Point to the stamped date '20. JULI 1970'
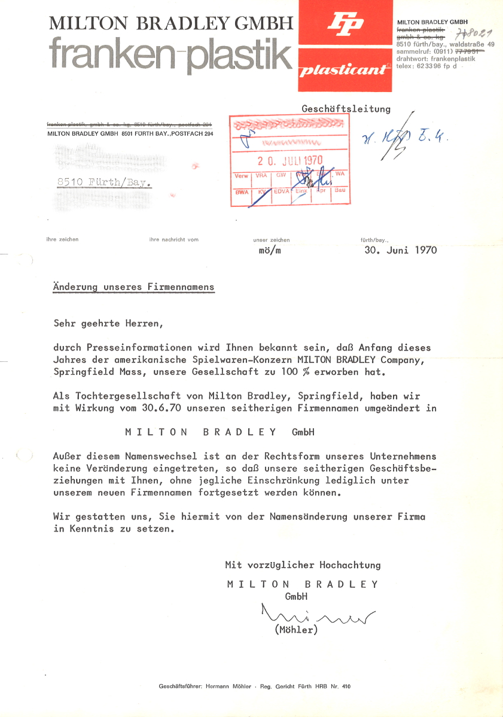click(290, 160)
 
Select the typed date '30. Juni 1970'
click(400, 250)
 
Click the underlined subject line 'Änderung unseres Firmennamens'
click(133, 287)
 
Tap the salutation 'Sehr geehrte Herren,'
click(108, 324)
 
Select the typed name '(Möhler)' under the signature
click(295, 630)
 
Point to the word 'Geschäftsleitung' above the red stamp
click(346, 109)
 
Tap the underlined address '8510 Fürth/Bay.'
click(103, 183)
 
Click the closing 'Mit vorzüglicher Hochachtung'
click(303, 565)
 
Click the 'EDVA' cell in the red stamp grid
click(281, 192)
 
